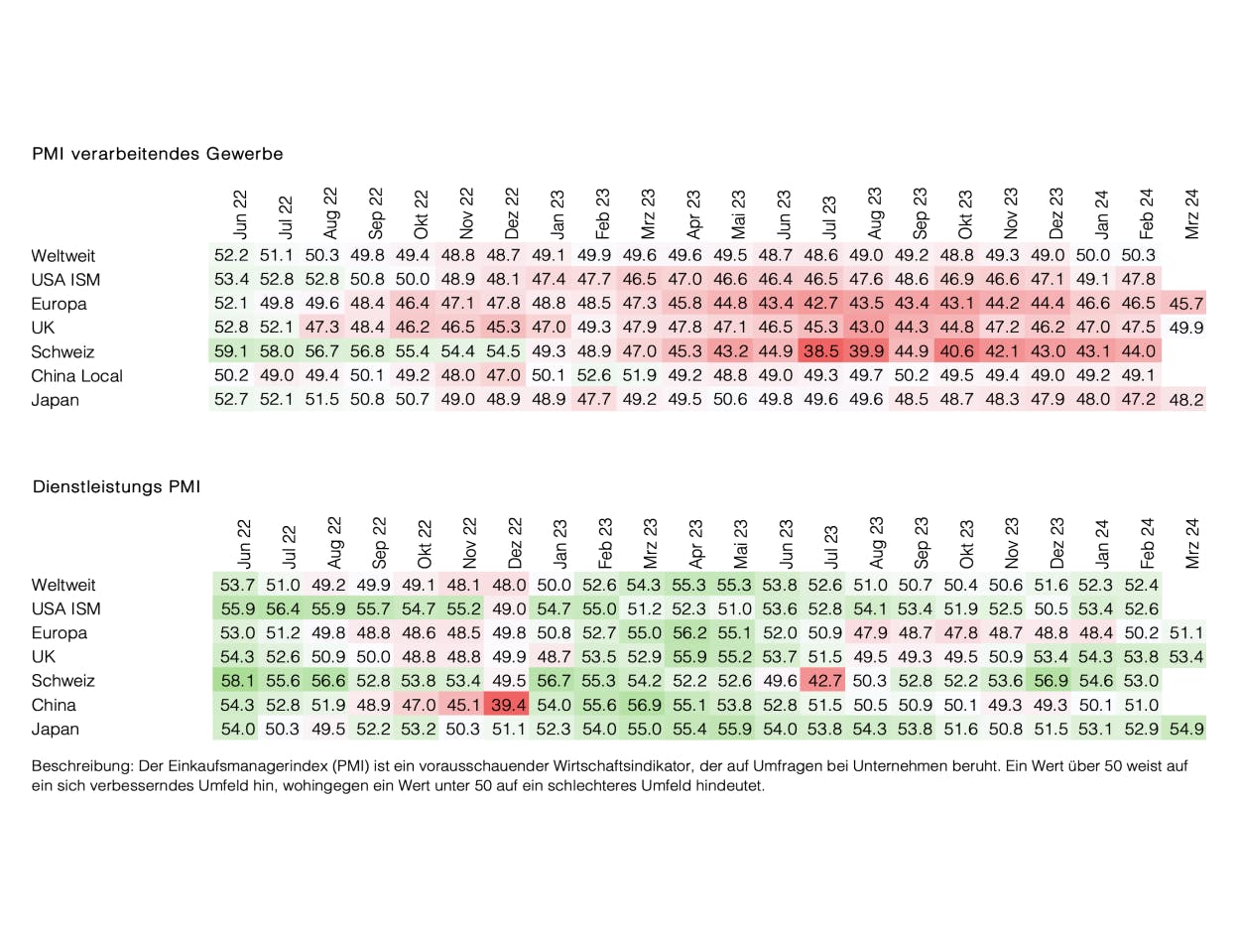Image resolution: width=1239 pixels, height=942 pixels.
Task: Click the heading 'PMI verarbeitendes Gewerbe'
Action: tap(157, 154)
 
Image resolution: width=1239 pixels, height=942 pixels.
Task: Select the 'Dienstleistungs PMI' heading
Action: tap(116, 486)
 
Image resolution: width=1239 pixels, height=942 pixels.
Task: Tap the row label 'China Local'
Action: tap(77, 376)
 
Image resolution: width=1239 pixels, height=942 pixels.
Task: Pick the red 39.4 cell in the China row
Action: tap(508, 705)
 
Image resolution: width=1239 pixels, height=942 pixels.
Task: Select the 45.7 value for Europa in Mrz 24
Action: tap(1186, 304)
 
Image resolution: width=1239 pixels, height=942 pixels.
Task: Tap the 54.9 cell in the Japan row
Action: tap(1186, 730)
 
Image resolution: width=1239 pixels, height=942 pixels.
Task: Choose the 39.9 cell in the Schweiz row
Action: tap(868, 351)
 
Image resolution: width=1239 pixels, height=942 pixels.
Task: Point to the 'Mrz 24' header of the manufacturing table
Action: tap(1191, 212)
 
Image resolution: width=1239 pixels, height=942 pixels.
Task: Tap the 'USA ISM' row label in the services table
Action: tap(65, 608)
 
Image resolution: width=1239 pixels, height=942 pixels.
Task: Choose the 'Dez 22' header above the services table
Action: tap(513, 541)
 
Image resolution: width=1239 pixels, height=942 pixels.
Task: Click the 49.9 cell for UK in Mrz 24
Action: tap(1186, 328)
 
